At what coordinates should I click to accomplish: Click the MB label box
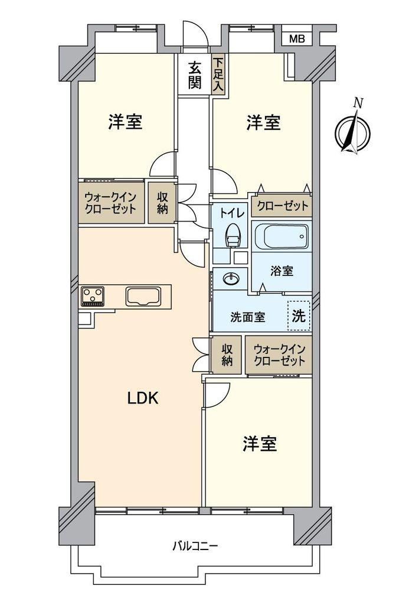[297, 38]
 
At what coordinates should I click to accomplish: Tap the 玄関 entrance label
[195, 75]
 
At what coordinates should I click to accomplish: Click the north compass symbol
[353, 132]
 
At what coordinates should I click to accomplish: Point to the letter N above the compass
[358, 103]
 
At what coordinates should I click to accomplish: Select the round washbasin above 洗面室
[231, 279]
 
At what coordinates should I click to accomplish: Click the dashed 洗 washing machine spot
[299, 315]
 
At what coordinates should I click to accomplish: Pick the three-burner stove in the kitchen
[93, 297]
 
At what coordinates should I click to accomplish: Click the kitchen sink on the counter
[143, 297]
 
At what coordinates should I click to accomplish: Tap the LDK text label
[143, 398]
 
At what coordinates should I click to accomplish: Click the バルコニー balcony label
[195, 546]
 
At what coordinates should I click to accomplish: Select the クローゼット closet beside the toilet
[282, 205]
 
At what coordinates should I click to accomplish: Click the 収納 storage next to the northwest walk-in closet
[162, 203]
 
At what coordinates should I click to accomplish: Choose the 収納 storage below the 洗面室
[227, 354]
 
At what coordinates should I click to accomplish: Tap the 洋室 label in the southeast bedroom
[260, 444]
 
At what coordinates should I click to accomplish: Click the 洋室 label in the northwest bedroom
[125, 122]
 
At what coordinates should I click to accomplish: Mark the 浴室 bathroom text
[282, 271]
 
